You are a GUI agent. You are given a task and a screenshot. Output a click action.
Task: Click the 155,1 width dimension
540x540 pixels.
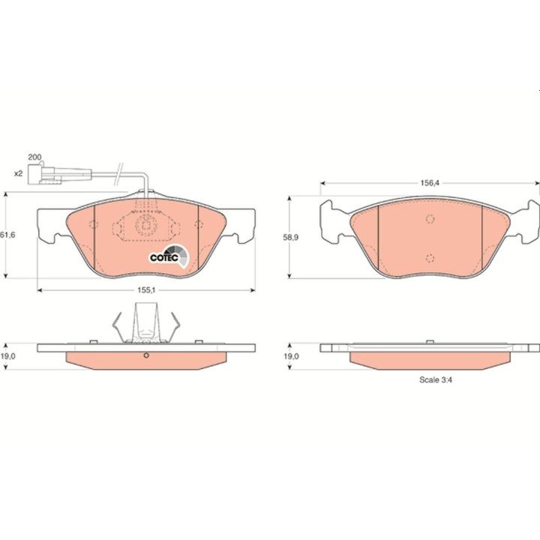[x=147, y=290]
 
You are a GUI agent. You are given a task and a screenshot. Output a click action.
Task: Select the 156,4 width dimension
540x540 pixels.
[x=430, y=183]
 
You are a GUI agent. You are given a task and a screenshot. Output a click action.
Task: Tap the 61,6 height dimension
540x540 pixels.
[x=7, y=235]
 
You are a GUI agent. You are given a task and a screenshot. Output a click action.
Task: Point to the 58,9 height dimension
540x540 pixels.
[x=291, y=237]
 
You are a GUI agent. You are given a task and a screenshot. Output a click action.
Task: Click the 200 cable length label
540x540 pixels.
[x=34, y=157]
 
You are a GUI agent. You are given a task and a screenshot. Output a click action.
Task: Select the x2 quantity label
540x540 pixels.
[x=18, y=173]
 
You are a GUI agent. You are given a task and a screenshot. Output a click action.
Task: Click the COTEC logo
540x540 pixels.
[x=169, y=256]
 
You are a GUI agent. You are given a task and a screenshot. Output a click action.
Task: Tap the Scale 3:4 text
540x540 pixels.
[x=436, y=379]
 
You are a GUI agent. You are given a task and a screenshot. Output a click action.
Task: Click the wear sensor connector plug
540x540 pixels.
[x=45, y=173]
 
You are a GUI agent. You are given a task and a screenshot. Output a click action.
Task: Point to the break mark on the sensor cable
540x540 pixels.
[x=118, y=172]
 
